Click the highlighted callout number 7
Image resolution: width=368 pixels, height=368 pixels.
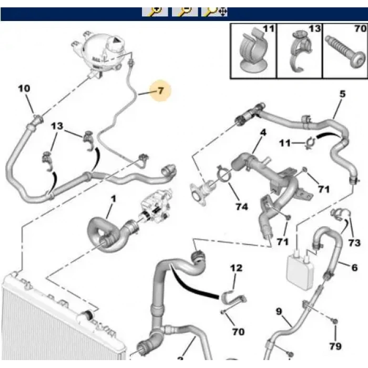click(x=160, y=91)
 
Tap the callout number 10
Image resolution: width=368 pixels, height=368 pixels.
click(x=24, y=88)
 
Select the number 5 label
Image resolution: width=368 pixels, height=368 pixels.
click(x=342, y=95)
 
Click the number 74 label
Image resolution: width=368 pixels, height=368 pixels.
click(x=241, y=207)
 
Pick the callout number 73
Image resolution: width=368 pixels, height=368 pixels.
click(x=354, y=242)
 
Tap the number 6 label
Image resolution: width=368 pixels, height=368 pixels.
click(x=354, y=268)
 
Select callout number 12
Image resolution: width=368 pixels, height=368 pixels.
click(x=236, y=268)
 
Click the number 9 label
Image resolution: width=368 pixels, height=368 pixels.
click(x=279, y=311)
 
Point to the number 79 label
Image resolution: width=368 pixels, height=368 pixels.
click(x=335, y=346)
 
